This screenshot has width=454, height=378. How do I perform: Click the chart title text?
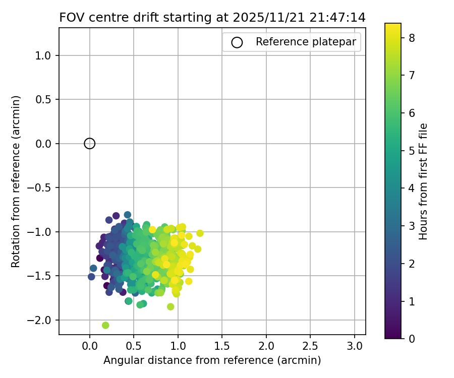(x=212, y=18)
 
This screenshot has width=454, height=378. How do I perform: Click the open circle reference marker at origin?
(x=90, y=144)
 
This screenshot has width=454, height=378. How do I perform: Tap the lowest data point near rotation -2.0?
(x=105, y=325)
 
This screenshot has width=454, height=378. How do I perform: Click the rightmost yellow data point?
(x=200, y=233)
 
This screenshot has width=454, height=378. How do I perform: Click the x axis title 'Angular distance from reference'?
(x=212, y=360)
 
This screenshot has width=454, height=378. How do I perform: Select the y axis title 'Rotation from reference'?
(x=16, y=181)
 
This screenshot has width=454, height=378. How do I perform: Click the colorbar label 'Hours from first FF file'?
(x=423, y=181)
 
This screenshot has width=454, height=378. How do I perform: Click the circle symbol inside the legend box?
(x=237, y=42)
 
